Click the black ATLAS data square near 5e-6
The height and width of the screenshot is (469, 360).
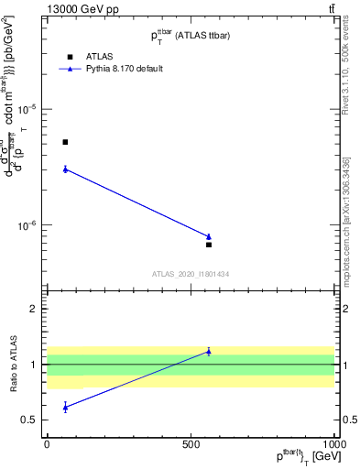65,142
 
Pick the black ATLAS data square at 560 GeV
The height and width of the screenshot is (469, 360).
209,245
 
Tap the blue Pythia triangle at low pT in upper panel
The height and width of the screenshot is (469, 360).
65,169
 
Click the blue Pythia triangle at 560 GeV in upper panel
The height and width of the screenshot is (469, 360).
209,236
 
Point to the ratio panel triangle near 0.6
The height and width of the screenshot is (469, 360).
65,407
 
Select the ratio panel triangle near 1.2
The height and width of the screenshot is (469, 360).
209,351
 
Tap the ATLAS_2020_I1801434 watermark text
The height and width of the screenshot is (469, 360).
191,274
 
